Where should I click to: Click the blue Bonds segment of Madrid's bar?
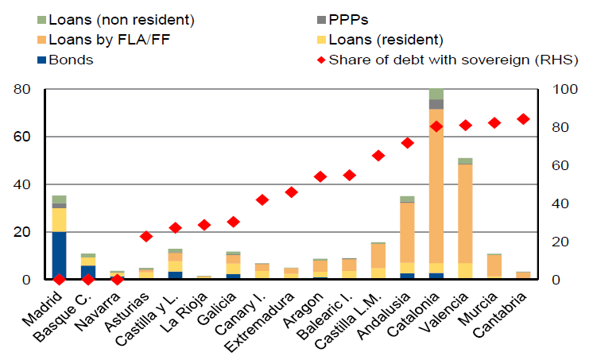point(59,255)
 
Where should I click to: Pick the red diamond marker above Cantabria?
point(522,119)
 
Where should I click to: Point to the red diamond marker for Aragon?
point(321,176)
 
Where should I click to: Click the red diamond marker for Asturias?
point(146,236)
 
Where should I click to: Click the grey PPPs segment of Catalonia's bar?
point(436,104)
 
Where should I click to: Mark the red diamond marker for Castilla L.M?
point(378,156)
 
